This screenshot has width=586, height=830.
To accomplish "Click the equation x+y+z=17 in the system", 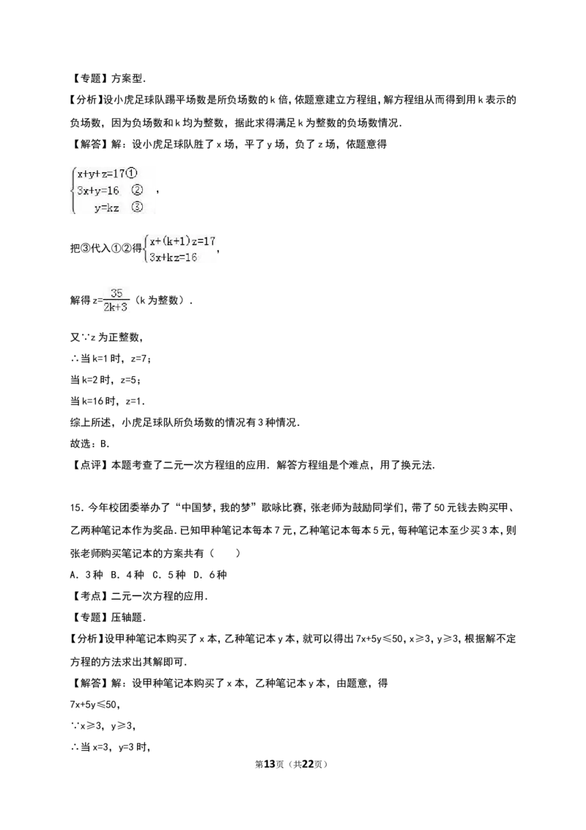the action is [x=100, y=174].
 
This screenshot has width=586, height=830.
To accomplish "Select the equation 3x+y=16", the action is [x=98, y=191].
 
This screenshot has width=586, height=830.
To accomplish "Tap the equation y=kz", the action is [x=106, y=207].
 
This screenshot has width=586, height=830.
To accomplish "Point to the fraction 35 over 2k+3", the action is [x=116, y=300].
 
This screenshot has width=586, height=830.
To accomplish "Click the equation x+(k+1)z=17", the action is [x=182, y=241].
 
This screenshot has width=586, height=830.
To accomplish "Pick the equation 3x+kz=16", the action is [x=173, y=258].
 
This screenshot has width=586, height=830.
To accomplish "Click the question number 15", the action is [x=76, y=507].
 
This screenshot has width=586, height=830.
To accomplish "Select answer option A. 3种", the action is [x=86, y=575].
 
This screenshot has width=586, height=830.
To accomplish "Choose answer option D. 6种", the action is [x=210, y=575].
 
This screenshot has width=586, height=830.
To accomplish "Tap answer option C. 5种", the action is [x=168, y=575].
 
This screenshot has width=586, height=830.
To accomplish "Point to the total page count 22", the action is [x=308, y=764].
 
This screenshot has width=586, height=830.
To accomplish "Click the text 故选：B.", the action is [x=90, y=444].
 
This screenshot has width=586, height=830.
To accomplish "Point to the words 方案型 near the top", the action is [x=127, y=79].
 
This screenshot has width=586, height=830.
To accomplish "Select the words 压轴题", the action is [x=127, y=617].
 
